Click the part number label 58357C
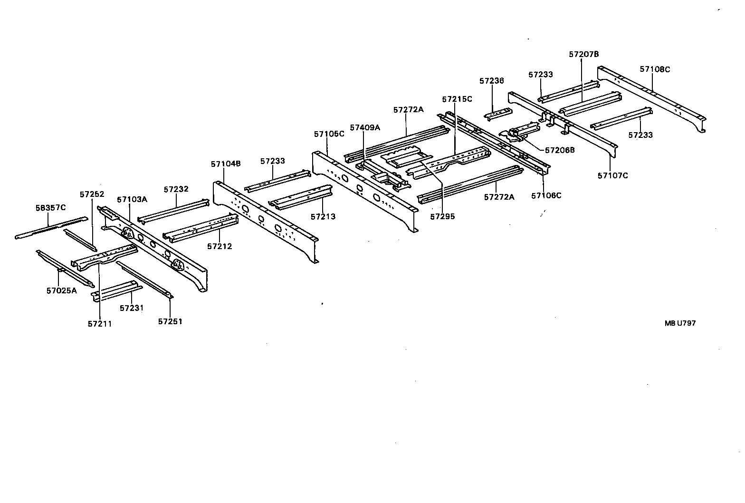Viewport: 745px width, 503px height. point(51,208)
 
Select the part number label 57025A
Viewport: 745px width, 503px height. point(61,291)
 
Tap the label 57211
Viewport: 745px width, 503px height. point(100,324)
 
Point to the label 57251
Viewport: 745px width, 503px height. point(170,321)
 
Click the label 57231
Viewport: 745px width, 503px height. point(132,308)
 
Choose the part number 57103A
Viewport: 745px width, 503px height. point(132,200)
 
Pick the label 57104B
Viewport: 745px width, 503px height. point(226,164)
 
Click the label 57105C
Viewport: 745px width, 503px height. point(329,134)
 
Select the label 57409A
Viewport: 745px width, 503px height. point(365,127)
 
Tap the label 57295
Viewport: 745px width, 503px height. point(442,216)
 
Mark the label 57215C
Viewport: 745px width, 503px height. point(457,99)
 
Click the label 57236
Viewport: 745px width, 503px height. point(491,81)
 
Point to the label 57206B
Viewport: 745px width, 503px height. point(560,150)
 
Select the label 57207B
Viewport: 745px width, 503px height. point(584,54)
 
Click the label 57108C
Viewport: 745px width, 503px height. point(655,69)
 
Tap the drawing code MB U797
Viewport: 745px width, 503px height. point(680,323)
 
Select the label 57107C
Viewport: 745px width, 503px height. point(612,175)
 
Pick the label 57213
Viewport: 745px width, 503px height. point(323,217)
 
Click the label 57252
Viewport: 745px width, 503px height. point(92,194)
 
